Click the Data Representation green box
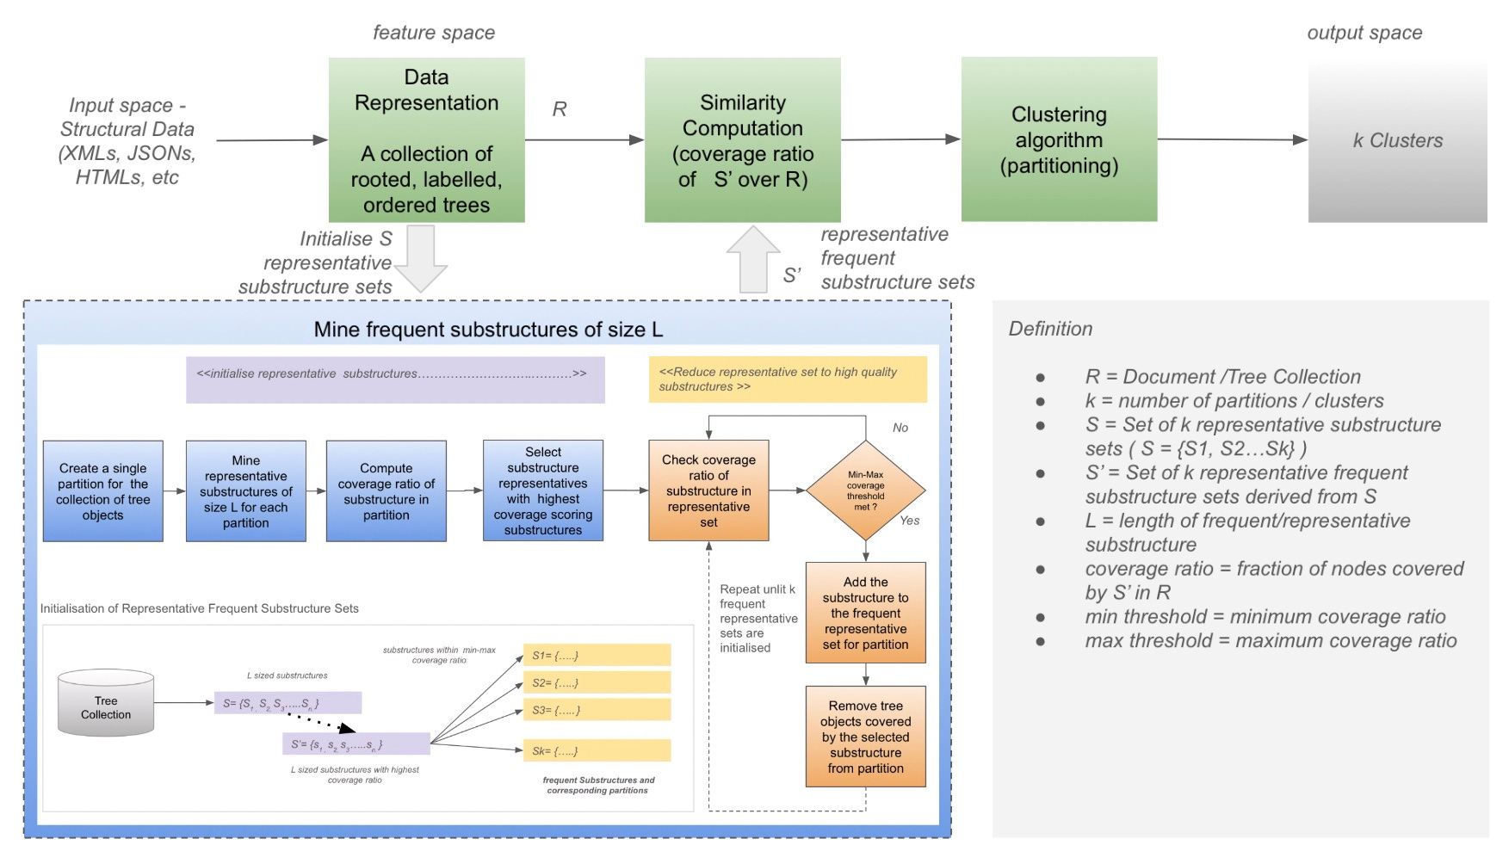(x=426, y=139)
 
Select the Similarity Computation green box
(x=742, y=139)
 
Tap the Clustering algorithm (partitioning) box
(x=1058, y=139)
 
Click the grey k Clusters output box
(x=1396, y=141)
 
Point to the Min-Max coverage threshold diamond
(x=865, y=490)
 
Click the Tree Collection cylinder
(x=106, y=703)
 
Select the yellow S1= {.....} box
(x=597, y=655)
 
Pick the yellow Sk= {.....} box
(x=597, y=750)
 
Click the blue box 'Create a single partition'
(x=102, y=490)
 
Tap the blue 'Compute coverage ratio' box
(x=386, y=490)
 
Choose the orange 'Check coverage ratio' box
(x=708, y=490)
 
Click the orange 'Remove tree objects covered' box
(x=865, y=736)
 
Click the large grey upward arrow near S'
(x=752, y=258)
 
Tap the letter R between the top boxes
(x=560, y=109)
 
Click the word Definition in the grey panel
(x=1050, y=329)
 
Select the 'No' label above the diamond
(x=900, y=428)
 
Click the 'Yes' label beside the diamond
(x=909, y=520)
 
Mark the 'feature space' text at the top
(x=434, y=33)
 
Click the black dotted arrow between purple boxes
(x=319, y=721)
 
